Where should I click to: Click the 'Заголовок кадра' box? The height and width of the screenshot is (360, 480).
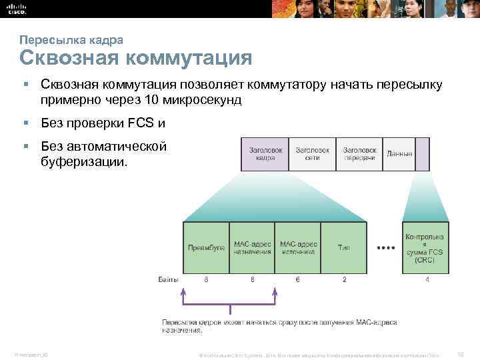click(265, 155)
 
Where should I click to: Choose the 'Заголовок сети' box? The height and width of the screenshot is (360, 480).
click(311, 155)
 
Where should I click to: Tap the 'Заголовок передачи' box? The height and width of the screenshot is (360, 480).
click(360, 155)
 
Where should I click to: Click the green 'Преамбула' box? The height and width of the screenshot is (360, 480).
click(206, 247)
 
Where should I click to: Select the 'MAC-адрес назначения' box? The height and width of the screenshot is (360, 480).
click(252, 247)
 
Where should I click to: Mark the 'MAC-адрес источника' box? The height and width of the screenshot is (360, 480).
click(297, 247)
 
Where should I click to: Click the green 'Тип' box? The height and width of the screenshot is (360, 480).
click(343, 247)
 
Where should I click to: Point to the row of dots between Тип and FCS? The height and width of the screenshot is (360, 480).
click(385, 247)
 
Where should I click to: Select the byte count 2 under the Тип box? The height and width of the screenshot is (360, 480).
click(344, 280)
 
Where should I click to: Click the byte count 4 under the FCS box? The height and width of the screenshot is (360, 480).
click(427, 280)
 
